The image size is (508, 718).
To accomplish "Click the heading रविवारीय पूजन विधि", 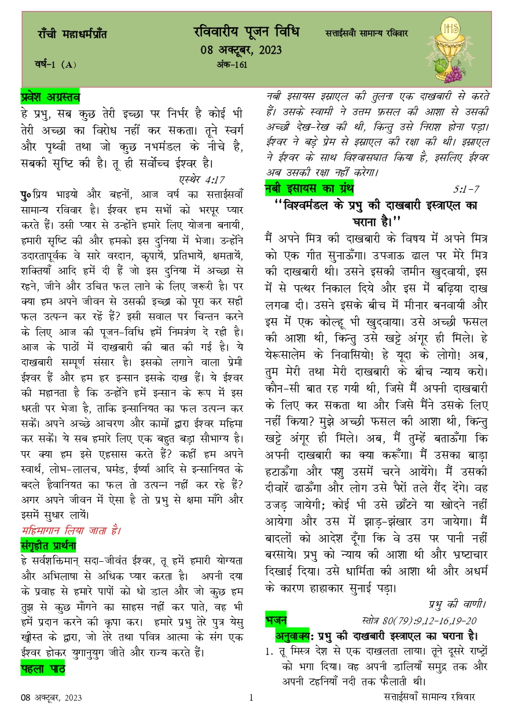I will point(246,32).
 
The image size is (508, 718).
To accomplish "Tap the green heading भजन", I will point(277,620).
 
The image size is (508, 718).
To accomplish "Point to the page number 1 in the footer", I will point(252,698).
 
